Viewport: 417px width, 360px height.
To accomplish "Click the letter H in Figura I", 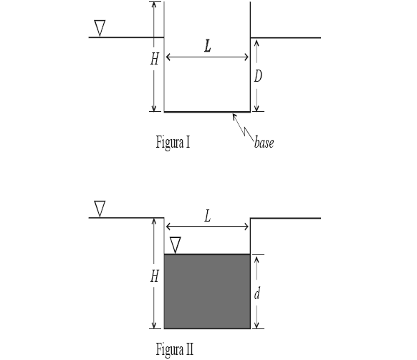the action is coord(155,59).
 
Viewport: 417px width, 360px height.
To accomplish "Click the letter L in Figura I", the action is coord(208,46).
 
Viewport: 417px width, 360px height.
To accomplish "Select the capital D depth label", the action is coord(258,77).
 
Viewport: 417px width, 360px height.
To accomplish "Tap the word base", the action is coord(264,142).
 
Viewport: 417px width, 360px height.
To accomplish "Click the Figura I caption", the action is coord(173,143).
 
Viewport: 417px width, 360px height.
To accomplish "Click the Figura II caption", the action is coord(174,349).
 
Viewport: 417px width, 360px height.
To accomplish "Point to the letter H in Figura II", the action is coord(155,276).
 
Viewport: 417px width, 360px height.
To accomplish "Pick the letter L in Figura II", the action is coord(208,216).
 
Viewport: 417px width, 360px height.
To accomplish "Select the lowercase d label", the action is coord(257,293).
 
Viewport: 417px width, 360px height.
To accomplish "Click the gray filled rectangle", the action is coord(207,291).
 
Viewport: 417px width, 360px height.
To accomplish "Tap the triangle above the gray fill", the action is coord(176,245).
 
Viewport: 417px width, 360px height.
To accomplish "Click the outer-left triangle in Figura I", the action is coord(100,28).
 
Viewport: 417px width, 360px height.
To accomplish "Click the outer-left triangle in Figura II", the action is coord(100,209).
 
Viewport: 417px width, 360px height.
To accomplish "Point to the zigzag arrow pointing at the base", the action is coord(244,127).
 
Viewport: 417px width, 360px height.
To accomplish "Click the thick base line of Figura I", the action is coord(207,112).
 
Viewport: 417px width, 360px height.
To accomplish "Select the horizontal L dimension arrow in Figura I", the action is coord(207,57).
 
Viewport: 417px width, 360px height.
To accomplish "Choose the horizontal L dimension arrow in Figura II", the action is coord(207,227).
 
